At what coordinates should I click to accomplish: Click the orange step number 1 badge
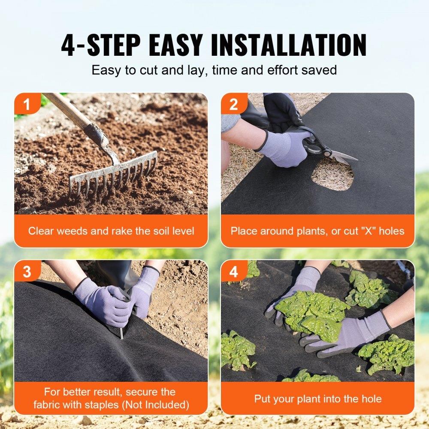27,104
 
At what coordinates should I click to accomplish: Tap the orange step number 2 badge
233,104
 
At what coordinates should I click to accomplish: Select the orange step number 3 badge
27,272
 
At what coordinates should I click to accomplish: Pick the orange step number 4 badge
233,272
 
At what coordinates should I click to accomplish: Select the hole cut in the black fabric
332,175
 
